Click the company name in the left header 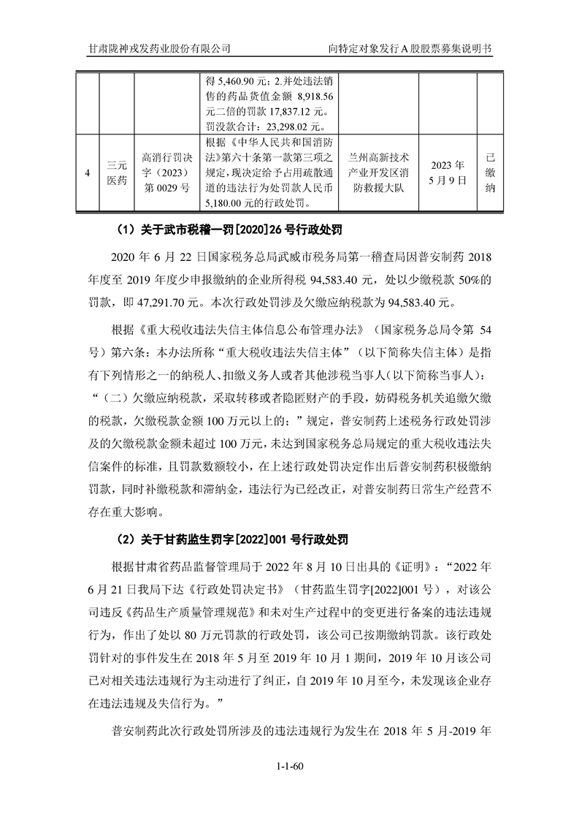tap(158, 48)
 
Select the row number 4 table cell tap(88, 173)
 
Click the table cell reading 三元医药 tap(116, 173)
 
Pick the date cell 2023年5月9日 tap(448, 173)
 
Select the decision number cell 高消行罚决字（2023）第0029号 tap(166, 173)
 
